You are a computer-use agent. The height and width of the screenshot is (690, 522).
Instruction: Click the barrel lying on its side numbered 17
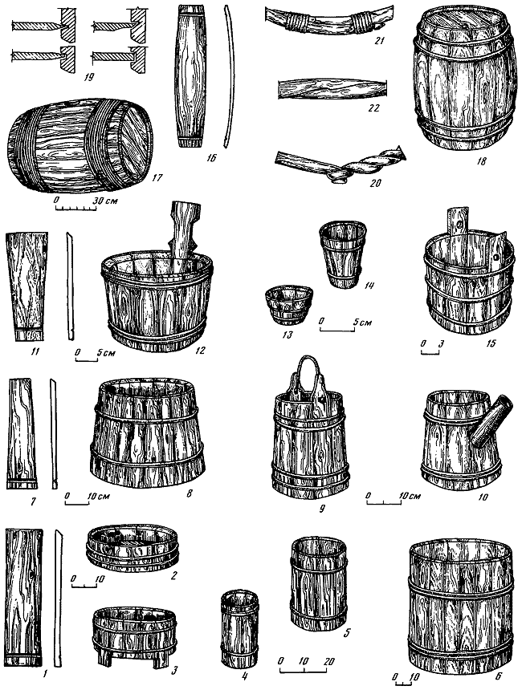(80, 144)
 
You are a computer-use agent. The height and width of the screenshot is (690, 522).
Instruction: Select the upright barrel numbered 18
(466, 79)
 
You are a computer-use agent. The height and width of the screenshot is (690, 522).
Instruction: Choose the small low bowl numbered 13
(289, 304)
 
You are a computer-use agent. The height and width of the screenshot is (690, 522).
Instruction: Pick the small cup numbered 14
(343, 255)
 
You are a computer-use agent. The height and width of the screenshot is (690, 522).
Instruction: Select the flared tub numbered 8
(149, 432)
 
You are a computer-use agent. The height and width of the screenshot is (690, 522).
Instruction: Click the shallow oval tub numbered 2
(133, 547)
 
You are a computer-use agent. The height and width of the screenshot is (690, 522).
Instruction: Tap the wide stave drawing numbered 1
(24, 598)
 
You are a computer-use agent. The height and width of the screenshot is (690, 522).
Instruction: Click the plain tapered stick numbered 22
(332, 89)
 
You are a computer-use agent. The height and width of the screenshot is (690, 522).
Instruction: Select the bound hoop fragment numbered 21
(329, 20)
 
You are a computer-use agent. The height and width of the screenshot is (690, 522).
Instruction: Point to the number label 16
(211, 157)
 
